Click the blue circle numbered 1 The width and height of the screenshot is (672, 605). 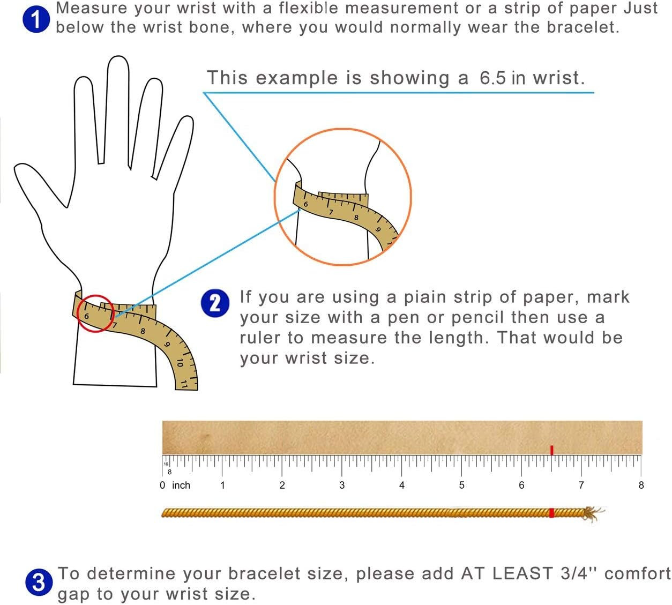point(36,19)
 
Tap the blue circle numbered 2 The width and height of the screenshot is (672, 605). point(215,303)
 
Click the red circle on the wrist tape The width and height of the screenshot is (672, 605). point(96,313)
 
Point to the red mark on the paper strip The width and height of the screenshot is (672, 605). point(552,450)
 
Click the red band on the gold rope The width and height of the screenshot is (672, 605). point(551,513)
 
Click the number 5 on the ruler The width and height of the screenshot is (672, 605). point(461,485)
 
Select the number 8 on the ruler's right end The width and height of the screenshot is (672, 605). point(641,485)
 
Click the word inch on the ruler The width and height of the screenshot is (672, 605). point(181,485)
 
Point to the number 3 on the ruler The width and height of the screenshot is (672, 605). point(342,485)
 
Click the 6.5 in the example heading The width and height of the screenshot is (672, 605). point(492,78)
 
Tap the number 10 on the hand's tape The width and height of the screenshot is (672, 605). point(180,362)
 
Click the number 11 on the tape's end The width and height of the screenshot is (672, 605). point(184,384)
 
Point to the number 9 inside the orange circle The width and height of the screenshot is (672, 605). point(378,229)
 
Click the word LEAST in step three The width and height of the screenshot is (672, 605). point(522,573)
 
